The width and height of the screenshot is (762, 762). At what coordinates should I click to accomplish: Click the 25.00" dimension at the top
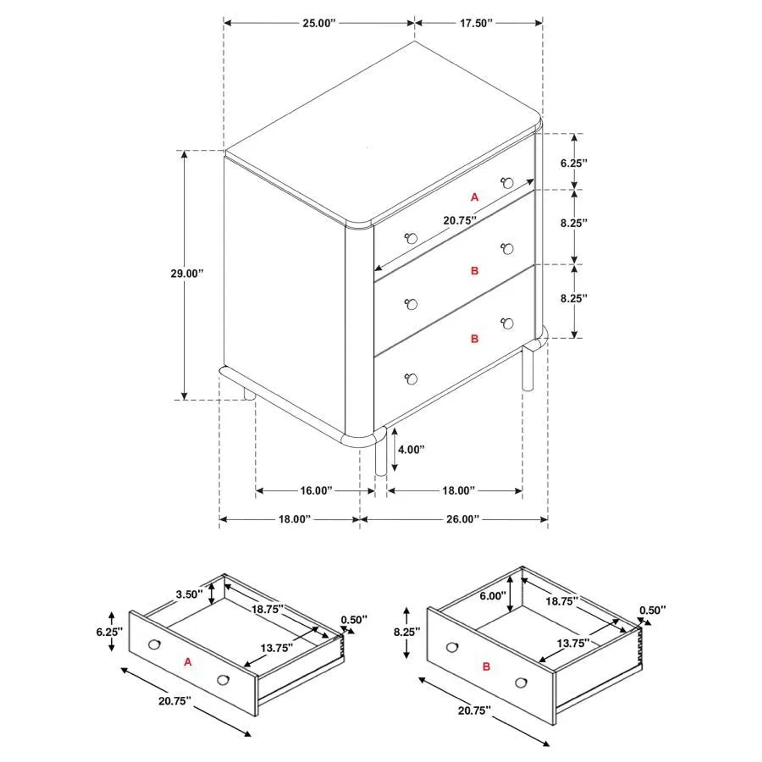point(319,23)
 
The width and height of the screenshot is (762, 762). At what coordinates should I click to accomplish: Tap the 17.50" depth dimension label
point(476,23)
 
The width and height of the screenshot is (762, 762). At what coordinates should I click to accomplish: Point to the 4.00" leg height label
point(411,450)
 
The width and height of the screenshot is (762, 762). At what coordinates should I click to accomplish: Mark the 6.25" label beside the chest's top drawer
point(574,163)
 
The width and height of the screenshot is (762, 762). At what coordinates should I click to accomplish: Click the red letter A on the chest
point(474,197)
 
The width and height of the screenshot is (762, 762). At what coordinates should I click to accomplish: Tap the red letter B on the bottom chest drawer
point(474,338)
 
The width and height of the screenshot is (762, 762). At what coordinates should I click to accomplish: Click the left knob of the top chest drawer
point(411,238)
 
